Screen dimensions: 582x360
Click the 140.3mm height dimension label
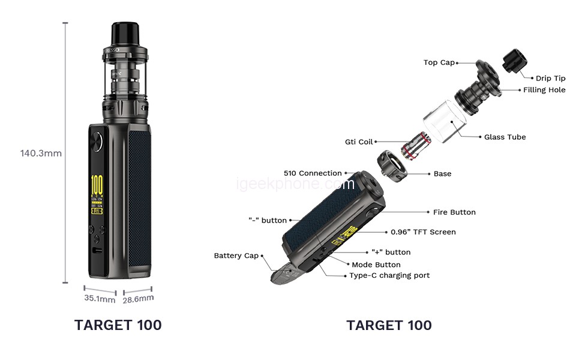(41, 153)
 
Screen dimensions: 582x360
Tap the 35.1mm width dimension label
(100, 298)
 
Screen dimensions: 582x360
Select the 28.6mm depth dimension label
(138, 299)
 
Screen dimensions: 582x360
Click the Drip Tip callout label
(550, 79)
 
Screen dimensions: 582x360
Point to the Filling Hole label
(544, 90)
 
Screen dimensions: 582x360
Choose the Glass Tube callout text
(505, 137)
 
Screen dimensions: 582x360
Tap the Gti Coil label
(359, 142)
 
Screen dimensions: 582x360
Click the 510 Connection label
(313, 173)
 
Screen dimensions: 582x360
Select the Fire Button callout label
(454, 212)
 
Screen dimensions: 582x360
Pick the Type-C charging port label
(389, 275)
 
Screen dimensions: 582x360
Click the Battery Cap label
(236, 256)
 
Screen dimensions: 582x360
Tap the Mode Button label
(376, 265)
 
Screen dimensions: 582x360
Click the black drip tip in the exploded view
(515, 61)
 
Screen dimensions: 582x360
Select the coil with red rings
(416, 146)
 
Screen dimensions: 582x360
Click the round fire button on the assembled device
(97, 142)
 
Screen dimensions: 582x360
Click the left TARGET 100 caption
(118, 325)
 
